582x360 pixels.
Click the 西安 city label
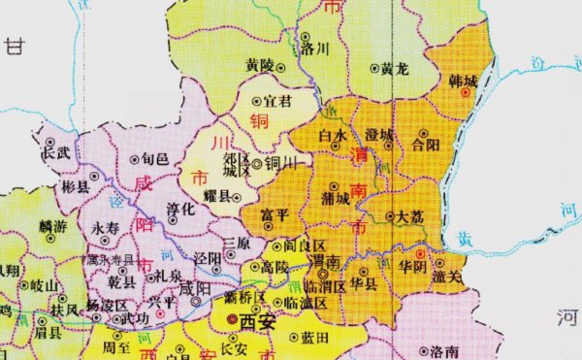258,322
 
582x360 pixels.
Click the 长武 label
54,152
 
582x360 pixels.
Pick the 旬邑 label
154,157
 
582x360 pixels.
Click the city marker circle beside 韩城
467,93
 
